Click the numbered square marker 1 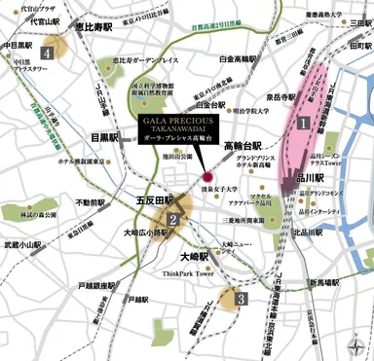303,124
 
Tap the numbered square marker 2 171,219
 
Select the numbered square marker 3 239,297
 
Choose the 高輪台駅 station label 240,146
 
